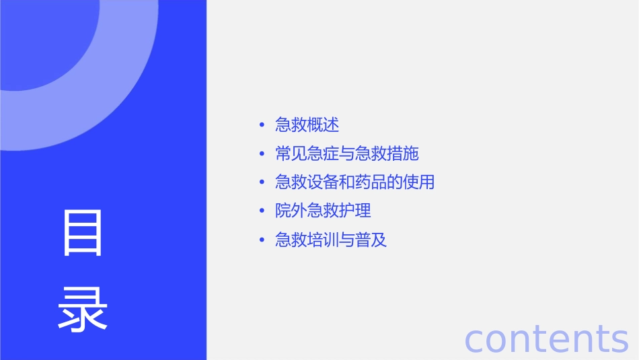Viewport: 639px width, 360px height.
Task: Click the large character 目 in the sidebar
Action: [x=83, y=233]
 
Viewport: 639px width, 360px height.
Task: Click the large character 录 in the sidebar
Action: [x=83, y=309]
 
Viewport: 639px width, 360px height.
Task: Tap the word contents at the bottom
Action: [x=546, y=338]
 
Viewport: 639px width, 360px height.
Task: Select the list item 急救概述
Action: [x=307, y=125]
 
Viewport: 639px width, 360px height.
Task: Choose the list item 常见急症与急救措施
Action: [x=347, y=154]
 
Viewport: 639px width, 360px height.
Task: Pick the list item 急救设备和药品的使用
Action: [x=354, y=182]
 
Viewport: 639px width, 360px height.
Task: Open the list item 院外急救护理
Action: [x=323, y=211]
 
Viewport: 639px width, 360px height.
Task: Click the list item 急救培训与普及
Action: [x=331, y=240]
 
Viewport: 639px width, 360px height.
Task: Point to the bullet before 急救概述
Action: [x=262, y=126]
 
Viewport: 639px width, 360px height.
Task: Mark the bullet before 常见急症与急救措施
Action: [x=262, y=155]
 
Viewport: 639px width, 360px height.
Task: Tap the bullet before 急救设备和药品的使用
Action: [x=262, y=183]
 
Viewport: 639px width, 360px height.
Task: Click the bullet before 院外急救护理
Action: [x=262, y=211]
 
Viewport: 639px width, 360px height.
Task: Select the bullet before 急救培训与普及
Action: [x=262, y=240]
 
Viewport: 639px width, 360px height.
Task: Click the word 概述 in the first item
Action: [x=323, y=125]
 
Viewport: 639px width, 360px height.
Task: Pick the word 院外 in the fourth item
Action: [x=291, y=211]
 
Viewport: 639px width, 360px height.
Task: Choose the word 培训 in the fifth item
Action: [x=323, y=240]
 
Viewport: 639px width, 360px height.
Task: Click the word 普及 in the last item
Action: [x=371, y=240]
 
